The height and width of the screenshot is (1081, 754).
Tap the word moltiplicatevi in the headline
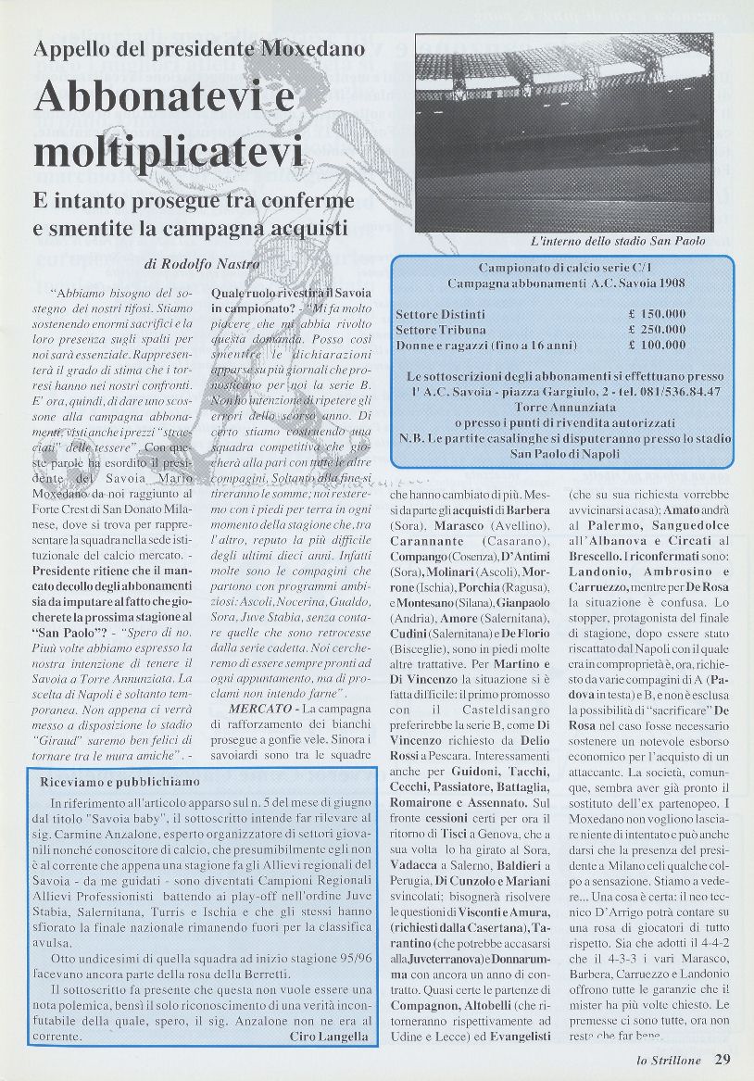(x=168, y=150)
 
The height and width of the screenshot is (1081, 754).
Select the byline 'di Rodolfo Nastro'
(x=202, y=264)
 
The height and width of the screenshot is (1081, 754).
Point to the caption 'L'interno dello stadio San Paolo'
(x=618, y=241)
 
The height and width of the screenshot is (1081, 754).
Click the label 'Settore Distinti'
(x=440, y=314)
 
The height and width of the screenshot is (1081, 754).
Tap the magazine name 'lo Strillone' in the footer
(x=669, y=1062)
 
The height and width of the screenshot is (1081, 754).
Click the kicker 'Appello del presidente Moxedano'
(x=199, y=49)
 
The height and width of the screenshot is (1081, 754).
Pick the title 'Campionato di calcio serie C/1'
(x=566, y=267)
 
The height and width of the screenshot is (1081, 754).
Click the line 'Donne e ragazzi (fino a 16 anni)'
(x=486, y=345)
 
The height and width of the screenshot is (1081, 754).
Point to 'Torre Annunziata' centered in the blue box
(x=565, y=408)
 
